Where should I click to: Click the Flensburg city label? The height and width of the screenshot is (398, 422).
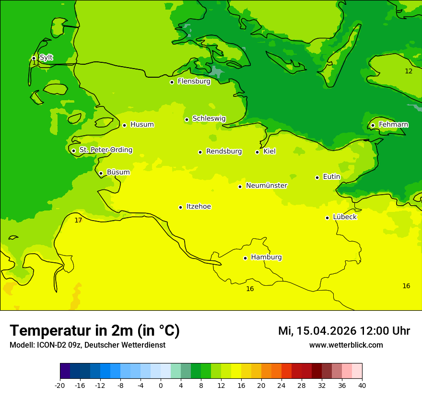coord(194,82)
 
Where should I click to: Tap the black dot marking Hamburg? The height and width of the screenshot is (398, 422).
coord(245,258)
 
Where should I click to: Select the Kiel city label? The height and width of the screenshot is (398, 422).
coord(270,152)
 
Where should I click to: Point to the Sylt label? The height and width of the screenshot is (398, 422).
coord(46,58)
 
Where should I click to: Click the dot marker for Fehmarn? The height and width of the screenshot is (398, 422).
coord(373,125)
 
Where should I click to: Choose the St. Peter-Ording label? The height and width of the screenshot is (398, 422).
coord(105,150)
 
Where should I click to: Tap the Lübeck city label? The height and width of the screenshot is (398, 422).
coord(344,217)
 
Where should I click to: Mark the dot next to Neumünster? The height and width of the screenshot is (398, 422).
coord(240,187)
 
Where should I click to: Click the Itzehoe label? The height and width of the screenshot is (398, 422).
coord(199,207)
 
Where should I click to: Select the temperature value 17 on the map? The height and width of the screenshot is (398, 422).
coord(78,220)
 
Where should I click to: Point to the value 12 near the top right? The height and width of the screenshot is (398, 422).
coord(409,71)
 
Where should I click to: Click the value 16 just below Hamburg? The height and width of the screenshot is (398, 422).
coord(250,289)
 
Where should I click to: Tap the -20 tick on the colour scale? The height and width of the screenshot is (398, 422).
coord(60,385)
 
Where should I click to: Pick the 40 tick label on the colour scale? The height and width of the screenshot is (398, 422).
coord(362,385)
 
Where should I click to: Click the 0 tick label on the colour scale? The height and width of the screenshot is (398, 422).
coord(161,385)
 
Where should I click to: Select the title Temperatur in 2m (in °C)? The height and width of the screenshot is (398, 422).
coord(94,330)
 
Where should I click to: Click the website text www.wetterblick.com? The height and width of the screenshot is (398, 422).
coord(346,345)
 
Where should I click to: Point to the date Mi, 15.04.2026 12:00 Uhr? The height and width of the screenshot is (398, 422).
coord(344,331)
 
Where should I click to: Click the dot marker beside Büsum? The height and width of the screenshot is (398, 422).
coord(101,173)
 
